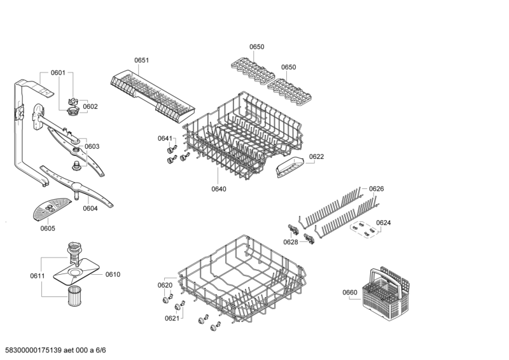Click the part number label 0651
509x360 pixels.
pyautogui.click(x=141, y=60)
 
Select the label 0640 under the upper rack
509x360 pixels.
pyautogui.click(x=218, y=189)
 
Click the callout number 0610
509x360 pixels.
pyautogui.click(x=113, y=274)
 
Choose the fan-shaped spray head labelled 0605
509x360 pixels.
pyautogui.click(x=52, y=207)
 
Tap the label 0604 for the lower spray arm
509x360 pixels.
pyautogui.click(x=90, y=208)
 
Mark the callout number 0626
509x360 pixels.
pyautogui.click(x=377, y=189)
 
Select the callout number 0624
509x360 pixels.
pyautogui.click(x=383, y=223)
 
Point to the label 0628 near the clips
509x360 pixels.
pyautogui.click(x=290, y=242)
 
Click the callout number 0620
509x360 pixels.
pyautogui.click(x=165, y=286)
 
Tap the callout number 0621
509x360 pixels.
pyautogui.click(x=172, y=318)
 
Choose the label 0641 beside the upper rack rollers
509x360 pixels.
pyautogui.click(x=165, y=138)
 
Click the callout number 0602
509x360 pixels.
pyautogui.click(x=90, y=106)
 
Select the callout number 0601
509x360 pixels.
pyautogui.click(x=58, y=73)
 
